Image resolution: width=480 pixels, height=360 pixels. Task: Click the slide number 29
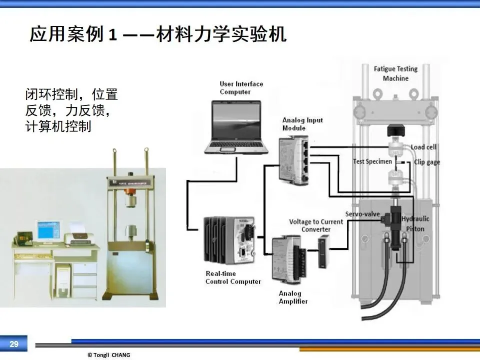pos(14,344)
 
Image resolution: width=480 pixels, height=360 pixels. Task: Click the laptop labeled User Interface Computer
pos(236,127)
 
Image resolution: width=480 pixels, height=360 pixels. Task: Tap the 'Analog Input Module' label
pos(302,124)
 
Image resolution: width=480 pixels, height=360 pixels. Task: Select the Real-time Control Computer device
pos(229,240)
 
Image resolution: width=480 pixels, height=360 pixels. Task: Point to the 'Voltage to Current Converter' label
pos(316,225)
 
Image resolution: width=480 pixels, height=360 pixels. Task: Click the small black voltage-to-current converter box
pos(323,252)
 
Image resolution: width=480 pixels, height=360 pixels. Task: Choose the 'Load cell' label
pos(423,147)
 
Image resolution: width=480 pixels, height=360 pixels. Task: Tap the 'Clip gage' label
pos(427,162)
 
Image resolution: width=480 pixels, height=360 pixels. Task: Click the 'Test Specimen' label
pos(372,161)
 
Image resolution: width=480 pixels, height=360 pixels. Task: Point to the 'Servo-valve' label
pos(362,214)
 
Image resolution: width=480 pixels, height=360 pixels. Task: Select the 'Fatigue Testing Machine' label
pos(395,73)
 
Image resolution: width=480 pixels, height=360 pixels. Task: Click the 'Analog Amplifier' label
pos(293,297)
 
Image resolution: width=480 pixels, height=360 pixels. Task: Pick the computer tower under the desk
pos(63,280)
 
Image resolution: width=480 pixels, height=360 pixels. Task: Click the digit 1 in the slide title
pos(112,35)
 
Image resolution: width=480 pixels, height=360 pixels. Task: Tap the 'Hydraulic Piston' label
pos(415,224)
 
